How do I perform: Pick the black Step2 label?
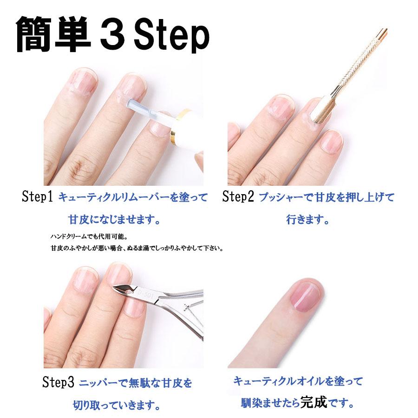tap(238, 196)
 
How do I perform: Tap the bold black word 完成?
tap(313, 402)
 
